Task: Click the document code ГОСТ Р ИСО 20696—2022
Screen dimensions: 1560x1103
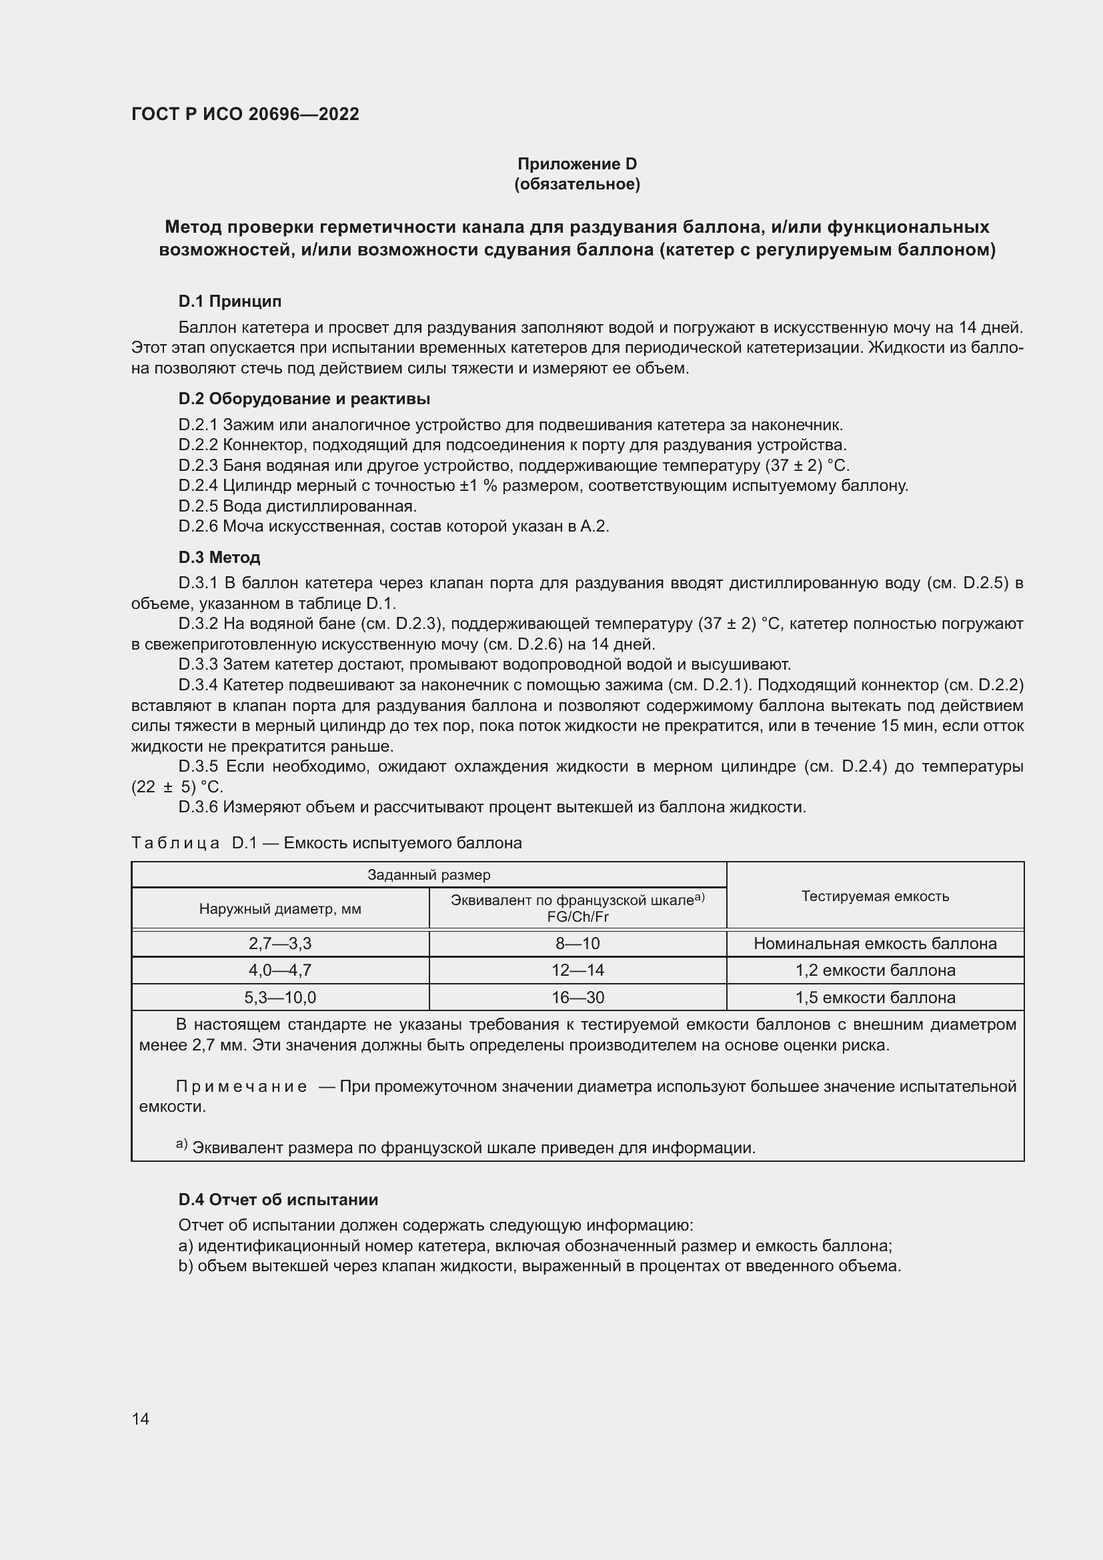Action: (245, 114)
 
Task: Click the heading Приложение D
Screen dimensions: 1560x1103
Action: (577, 164)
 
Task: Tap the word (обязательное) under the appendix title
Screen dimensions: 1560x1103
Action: (577, 184)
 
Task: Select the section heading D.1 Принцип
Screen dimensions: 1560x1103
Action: (229, 301)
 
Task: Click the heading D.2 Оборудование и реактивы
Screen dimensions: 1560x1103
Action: (303, 399)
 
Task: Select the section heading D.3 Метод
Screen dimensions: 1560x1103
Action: (219, 558)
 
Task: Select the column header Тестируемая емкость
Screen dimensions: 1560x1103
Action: (875, 896)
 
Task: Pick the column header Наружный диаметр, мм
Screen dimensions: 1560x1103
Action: (280, 909)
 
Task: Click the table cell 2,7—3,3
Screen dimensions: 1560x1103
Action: (280, 944)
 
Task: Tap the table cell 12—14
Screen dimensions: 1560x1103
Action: (578, 970)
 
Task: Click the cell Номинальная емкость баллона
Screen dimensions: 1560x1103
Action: (875, 944)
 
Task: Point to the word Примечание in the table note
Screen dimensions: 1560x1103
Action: (241, 1086)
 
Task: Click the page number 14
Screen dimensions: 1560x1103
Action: (141, 1419)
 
